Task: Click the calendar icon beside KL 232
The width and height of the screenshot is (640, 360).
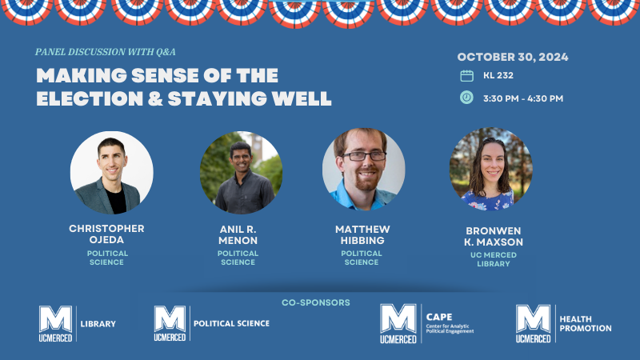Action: (x=467, y=76)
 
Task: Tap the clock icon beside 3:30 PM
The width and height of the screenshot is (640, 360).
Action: (x=467, y=98)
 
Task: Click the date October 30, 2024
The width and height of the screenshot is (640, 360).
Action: (x=513, y=57)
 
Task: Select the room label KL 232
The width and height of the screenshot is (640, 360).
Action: (x=498, y=76)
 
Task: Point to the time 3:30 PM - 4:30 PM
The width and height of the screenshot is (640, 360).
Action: (x=522, y=98)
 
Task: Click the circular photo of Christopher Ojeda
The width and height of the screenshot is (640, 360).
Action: (x=112, y=173)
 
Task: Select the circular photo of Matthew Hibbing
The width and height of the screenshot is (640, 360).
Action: (x=364, y=170)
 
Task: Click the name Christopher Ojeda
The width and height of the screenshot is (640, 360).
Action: (x=106, y=234)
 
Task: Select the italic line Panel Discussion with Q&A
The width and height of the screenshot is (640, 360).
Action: (x=106, y=52)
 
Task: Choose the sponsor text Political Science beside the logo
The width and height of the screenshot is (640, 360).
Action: (x=231, y=323)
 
